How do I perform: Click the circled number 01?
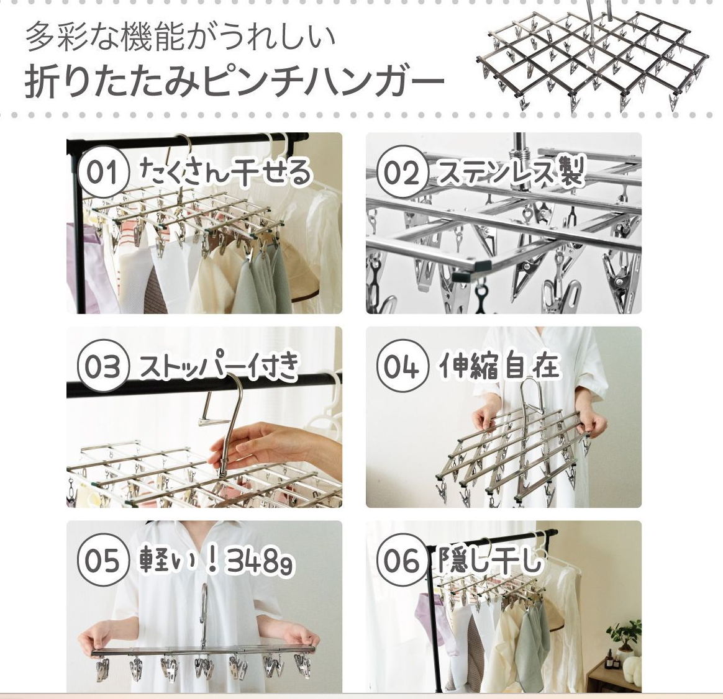(x=102, y=173)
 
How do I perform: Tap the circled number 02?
(x=401, y=173)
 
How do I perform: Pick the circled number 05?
(x=102, y=561)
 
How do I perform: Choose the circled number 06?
(x=401, y=561)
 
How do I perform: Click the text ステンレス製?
(x=509, y=172)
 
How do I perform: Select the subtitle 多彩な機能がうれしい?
(x=180, y=37)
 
